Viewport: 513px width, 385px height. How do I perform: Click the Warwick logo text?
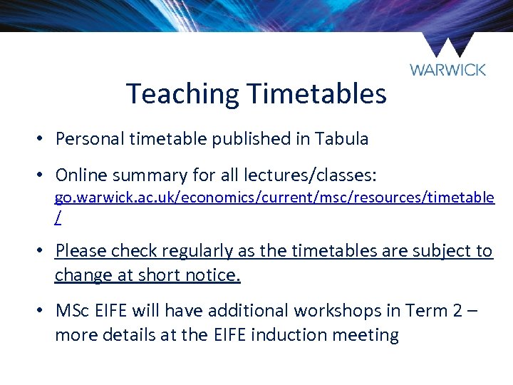pyautogui.click(x=447, y=69)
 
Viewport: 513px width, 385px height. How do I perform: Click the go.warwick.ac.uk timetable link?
pyautogui.click(x=274, y=198)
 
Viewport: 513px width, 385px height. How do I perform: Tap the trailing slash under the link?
pyautogui.click(x=58, y=218)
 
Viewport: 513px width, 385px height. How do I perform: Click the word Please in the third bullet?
pyautogui.click(x=81, y=251)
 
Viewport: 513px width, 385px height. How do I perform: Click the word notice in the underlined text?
pyautogui.click(x=213, y=275)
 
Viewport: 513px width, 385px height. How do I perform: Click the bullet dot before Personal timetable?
pyautogui.click(x=43, y=139)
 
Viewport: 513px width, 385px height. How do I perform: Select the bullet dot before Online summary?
pyautogui.click(x=43, y=175)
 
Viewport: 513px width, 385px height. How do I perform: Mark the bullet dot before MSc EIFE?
pyautogui.click(x=43, y=311)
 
